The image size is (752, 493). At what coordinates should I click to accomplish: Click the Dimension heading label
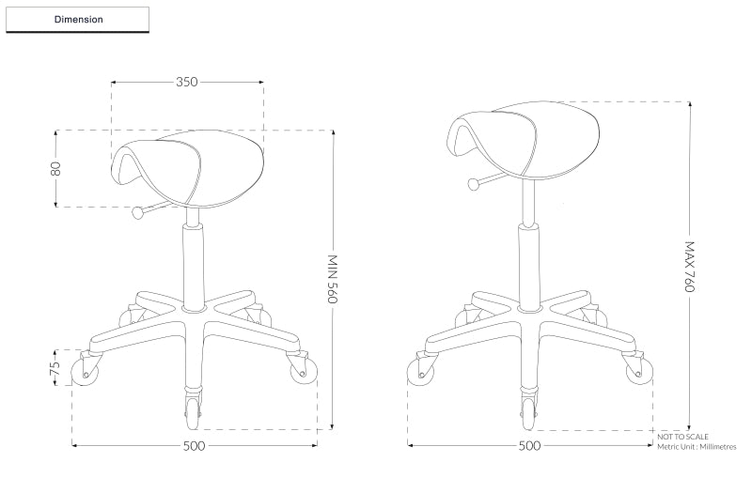pos(78,19)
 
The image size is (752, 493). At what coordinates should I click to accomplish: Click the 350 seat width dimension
pos(187,82)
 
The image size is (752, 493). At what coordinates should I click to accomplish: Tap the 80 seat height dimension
pos(56,169)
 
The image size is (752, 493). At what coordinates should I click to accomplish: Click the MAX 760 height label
pos(689,268)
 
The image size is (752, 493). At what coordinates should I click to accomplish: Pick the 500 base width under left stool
pos(194,446)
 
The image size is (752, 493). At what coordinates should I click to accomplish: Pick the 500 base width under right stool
pos(529,446)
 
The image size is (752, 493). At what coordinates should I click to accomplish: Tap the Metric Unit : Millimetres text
pos(697,447)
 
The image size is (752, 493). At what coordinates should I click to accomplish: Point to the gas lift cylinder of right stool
pos(529,263)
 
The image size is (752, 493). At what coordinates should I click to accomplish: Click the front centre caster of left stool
pos(194,408)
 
